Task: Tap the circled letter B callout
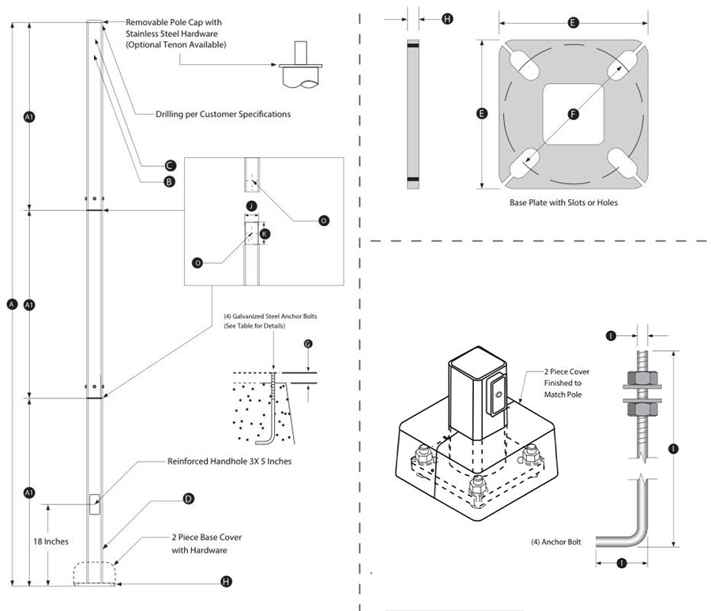(169, 182)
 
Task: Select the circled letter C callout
(169, 165)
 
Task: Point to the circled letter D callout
(188, 499)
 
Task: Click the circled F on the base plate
(574, 115)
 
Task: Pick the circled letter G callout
(307, 344)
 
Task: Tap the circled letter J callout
(250, 206)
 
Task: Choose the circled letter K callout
(265, 234)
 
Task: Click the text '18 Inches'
(51, 541)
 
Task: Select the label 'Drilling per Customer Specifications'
(223, 114)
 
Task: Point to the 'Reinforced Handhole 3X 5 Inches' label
(229, 461)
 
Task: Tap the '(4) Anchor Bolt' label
(556, 542)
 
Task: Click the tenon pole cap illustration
(300, 68)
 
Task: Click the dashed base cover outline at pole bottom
(94, 571)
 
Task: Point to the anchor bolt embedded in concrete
(273, 411)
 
